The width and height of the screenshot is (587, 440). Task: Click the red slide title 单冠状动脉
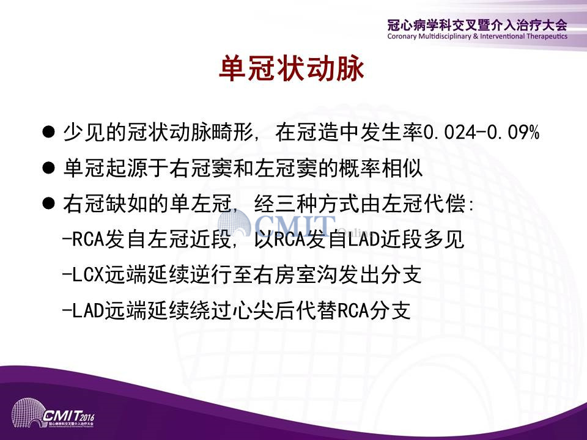(291, 69)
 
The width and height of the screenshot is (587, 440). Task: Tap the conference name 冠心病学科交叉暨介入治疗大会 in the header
(478, 25)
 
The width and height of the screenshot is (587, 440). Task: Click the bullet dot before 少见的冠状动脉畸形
(49, 132)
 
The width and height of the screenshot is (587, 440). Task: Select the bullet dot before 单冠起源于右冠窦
(49, 168)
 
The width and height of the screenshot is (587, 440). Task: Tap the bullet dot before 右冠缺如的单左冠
(49, 204)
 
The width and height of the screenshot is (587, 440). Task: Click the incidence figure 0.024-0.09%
(481, 132)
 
